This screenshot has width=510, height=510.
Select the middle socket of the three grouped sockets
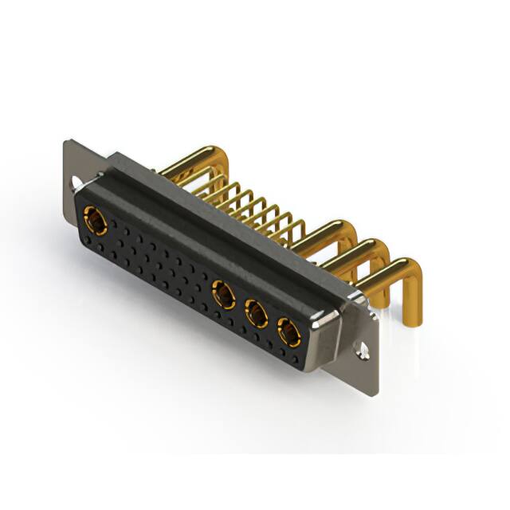[256, 313]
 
